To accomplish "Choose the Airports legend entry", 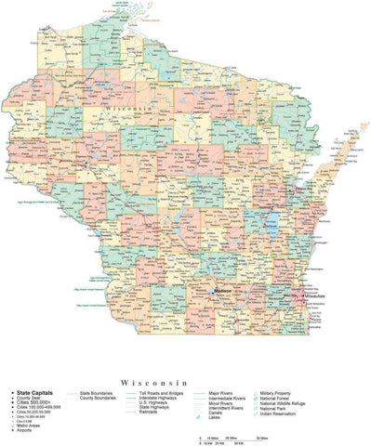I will [29, 430].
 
